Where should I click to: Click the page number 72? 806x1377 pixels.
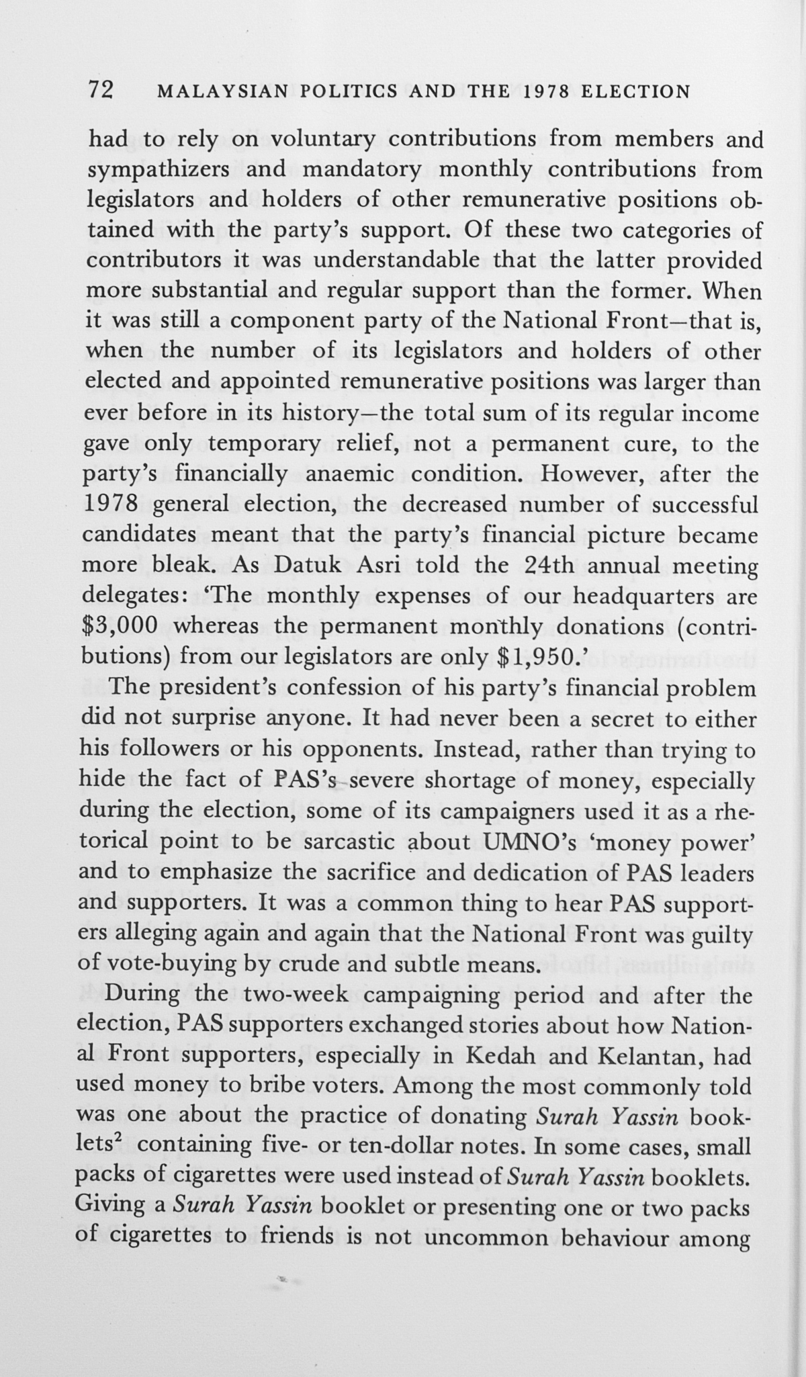pyautogui.click(x=103, y=90)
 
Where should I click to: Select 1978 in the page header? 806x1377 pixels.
pyautogui.click(x=539, y=91)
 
